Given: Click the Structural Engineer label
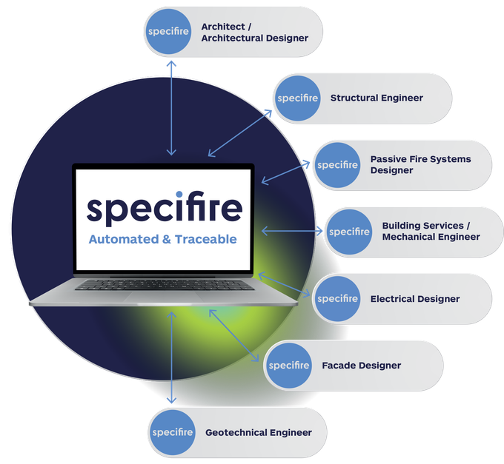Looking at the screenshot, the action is click(x=377, y=98).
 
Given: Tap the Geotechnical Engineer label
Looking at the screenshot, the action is click(x=259, y=433).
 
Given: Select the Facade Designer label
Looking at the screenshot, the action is click(x=361, y=366).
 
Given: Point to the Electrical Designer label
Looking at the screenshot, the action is click(x=415, y=299).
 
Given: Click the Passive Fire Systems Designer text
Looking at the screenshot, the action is click(x=420, y=164).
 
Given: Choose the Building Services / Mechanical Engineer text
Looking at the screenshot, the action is click(x=431, y=231).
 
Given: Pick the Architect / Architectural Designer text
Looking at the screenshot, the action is click(x=254, y=32).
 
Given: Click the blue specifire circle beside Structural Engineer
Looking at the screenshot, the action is click(x=298, y=98).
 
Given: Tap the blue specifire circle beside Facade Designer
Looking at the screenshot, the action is click(x=289, y=366).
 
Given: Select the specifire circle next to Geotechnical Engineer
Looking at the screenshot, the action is click(x=173, y=432).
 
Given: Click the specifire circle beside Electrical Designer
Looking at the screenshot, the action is click(x=337, y=299).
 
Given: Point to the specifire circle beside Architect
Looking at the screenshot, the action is click(x=168, y=31).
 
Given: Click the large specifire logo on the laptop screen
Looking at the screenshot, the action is click(x=165, y=208).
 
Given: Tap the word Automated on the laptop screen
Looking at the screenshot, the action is click(x=124, y=239).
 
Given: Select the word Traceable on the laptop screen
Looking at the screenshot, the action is click(x=206, y=239).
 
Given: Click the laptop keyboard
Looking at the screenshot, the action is click(x=165, y=285).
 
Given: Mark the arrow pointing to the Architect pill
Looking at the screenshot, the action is click(x=171, y=108).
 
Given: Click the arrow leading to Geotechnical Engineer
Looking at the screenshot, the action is click(x=172, y=357).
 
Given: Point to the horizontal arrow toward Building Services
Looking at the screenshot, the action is click(x=292, y=231).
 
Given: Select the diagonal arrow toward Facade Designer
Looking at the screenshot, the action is click(x=234, y=335).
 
